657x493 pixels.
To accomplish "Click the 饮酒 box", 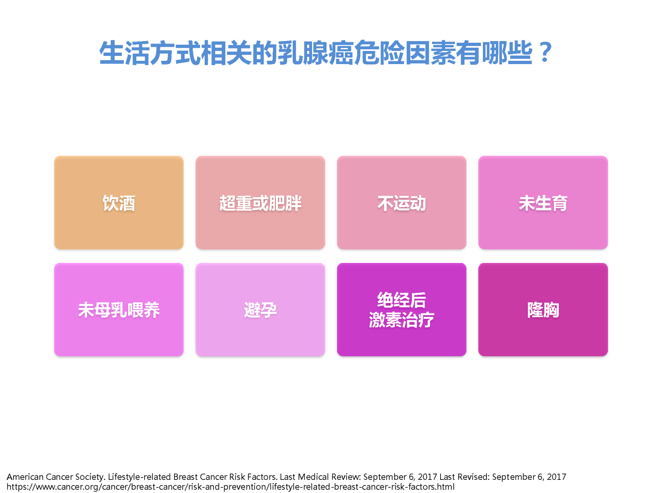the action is coord(119,203).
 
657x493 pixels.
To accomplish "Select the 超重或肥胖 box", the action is coord(260,203).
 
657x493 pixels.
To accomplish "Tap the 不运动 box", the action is coord(402,203).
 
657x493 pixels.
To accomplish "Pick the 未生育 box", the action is coord(543,203).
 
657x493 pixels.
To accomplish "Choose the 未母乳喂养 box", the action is coord(119,309).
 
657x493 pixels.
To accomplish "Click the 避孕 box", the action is coord(260,309).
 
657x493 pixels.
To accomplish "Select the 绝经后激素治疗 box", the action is coord(402,309).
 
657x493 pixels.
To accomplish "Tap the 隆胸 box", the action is coord(543,309).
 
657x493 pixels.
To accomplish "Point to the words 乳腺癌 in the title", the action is coord(316,53).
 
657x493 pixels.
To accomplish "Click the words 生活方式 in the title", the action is coord(149,53).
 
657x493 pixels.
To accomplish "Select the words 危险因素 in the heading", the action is coord(405,53).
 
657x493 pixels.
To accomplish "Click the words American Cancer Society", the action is coord(56,477).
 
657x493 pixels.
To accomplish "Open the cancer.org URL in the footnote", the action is coord(230,487).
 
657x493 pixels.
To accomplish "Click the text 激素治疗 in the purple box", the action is coord(402,320).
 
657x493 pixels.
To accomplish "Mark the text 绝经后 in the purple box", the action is coord(402,299).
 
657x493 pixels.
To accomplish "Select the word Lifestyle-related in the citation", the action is coord(139,477).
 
